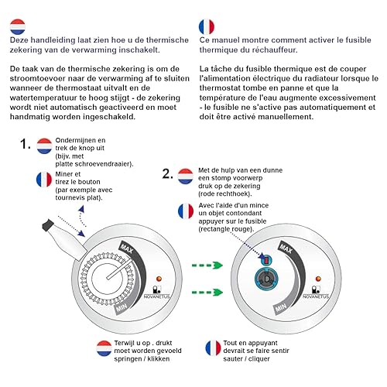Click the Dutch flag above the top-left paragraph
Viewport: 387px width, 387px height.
coord(18,26)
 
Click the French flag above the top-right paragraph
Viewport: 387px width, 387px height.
coord(207,26)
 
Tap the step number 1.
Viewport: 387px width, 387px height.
coord(25,144)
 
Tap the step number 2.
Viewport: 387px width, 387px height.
coord(167,173)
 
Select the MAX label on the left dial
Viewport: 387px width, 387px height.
coord(127,248)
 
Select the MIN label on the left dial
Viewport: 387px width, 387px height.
coord(122,307)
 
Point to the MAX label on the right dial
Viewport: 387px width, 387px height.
coord(286,248)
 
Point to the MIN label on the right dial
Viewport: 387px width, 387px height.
coord(281,307)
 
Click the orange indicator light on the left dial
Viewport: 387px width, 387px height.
coord(159,279)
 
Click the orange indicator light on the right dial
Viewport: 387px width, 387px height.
coord(318,279)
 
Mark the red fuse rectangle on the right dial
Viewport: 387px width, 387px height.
coord(267,260)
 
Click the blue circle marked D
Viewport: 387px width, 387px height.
coord(266,279)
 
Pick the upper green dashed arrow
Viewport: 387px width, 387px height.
coord(207,265)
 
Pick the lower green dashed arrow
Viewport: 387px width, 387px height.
coord(207,293)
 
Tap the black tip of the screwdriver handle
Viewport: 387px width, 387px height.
coord(47,225)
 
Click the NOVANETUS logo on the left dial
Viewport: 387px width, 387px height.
coord(156,293)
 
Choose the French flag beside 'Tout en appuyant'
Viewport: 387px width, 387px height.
coord(214,348)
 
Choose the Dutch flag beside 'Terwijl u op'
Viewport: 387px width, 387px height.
coord(104,348)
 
